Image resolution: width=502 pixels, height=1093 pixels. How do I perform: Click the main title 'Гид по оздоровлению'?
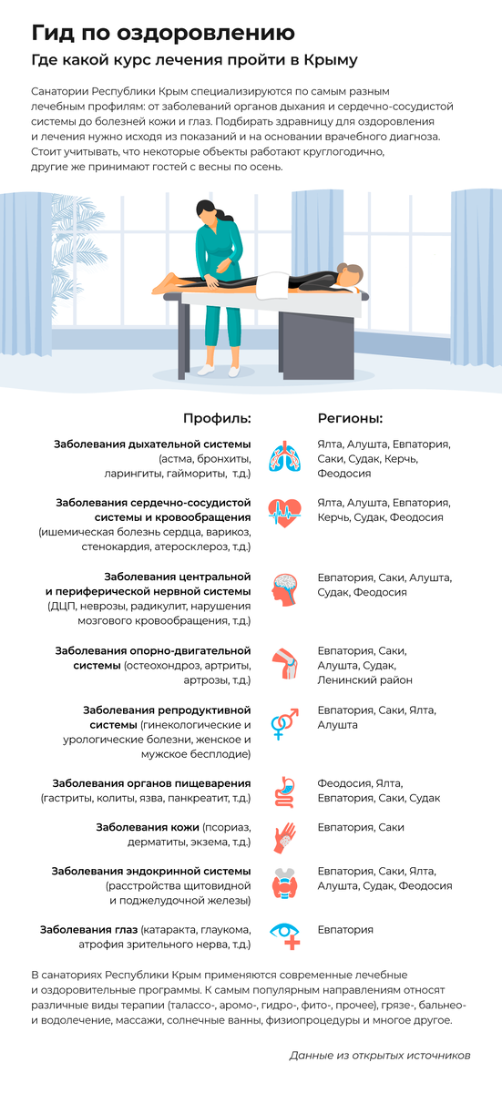pos(163,33)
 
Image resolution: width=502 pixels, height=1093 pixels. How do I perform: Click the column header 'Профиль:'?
pos(217,418)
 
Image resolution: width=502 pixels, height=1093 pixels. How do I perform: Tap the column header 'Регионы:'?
pos(350,418)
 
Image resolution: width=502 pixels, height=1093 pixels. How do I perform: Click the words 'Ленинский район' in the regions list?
pos(364,680)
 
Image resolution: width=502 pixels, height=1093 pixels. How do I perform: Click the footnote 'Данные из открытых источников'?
pos(379,1056)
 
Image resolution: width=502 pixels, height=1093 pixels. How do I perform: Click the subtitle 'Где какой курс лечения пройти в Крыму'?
pos(194,60)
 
